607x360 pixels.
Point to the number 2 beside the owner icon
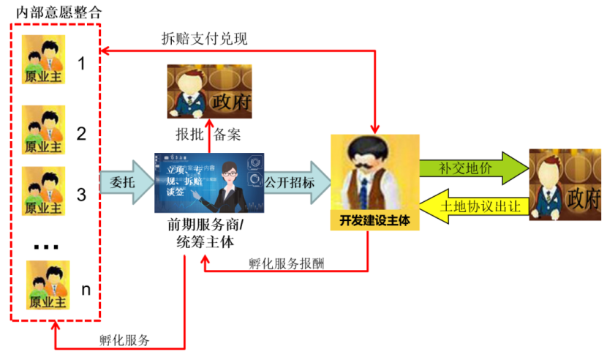tap(82, 134)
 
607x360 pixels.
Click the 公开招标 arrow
tap(290, 182)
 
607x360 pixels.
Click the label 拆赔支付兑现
tap(204, 39)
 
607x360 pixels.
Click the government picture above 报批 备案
tap(209, 92)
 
